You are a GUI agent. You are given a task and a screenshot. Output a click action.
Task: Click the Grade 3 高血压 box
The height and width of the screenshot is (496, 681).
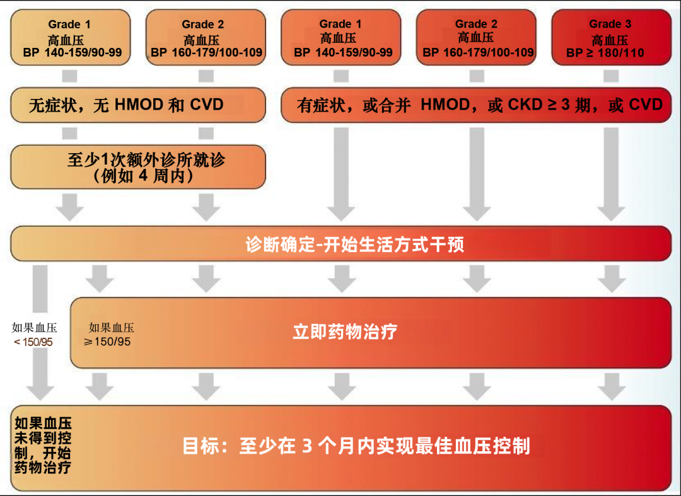coord(610,38)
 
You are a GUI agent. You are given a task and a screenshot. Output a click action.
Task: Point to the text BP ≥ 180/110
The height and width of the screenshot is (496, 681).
coord(605,53)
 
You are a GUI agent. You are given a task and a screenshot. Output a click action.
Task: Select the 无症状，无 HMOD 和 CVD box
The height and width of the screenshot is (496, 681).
coord(137,105)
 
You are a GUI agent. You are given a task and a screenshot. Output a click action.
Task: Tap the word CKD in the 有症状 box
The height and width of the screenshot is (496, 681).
coord(525,105)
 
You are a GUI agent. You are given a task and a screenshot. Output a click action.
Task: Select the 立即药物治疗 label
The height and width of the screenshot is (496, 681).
coord(345,332)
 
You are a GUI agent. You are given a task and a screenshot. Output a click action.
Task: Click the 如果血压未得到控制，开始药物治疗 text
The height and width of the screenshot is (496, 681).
coord(43,446)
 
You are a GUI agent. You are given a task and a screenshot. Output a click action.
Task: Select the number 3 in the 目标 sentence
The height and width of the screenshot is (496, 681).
coord(307,446)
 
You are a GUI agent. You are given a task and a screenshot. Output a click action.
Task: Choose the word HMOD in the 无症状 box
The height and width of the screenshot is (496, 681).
coord(139,105)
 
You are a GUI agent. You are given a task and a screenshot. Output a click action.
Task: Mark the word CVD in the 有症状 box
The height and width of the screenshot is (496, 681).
coord(645,105)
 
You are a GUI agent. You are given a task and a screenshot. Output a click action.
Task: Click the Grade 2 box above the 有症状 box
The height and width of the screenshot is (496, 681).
coord(476,38)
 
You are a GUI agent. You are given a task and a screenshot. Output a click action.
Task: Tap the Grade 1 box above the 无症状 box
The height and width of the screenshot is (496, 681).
coord(69,38)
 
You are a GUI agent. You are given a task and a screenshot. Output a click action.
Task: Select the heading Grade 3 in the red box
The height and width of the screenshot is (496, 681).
coord(610,24)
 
